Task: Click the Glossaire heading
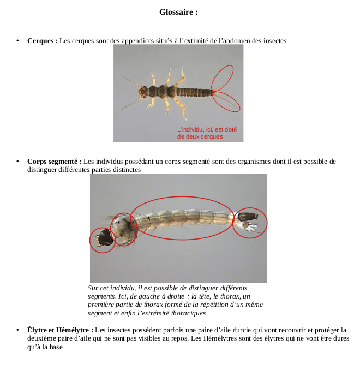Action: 178,11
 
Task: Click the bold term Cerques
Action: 42,41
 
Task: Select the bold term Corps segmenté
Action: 54,162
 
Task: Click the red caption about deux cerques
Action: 207,133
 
